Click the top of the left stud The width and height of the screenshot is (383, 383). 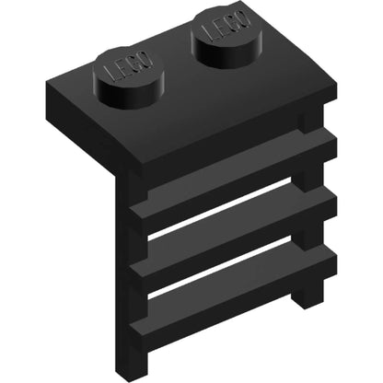[x=128, y=67]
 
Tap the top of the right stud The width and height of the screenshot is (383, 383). [x=226, y=25]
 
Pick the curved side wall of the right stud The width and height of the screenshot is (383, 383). [x=228, y=52]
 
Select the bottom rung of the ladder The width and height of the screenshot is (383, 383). [x=233, y=290]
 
